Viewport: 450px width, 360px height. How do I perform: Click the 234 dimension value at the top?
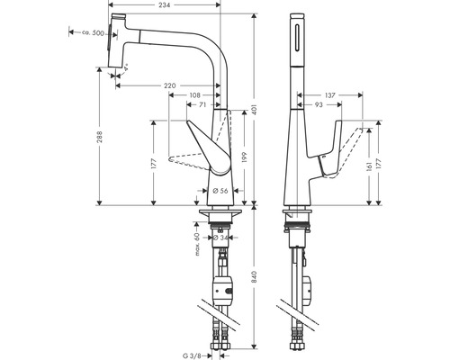click(x=164, y=5)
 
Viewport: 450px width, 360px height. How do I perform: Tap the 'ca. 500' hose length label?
click(x=93, y=33)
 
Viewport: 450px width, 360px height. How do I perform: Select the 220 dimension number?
click(x=170, y=85)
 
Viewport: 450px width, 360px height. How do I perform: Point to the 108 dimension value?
click(x=195, y=95)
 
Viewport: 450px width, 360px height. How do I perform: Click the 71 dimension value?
click(x=202, y=104)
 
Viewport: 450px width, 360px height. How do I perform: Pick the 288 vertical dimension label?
click(x=100, y=137)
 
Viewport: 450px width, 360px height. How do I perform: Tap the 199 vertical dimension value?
click(x=244, y=157)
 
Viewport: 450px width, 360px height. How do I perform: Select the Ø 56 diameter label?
click(x=220, y=191)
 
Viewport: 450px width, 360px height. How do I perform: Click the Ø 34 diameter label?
click(x=220, y=238)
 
